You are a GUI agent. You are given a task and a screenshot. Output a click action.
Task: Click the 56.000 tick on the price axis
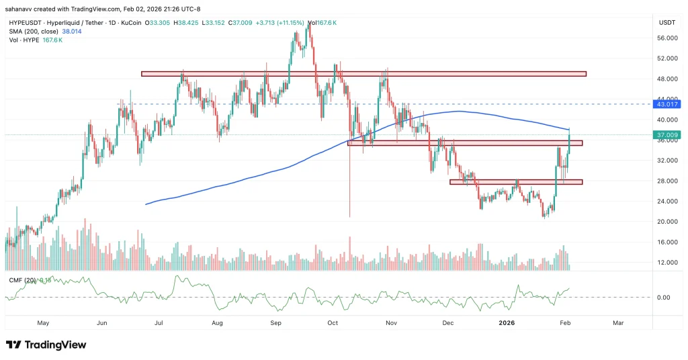coord(666,38)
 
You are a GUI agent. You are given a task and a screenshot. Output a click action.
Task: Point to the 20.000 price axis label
coord(666,222)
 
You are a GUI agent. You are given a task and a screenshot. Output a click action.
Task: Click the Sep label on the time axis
coord(275,322)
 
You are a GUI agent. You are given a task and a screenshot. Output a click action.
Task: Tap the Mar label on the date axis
coord(618,322)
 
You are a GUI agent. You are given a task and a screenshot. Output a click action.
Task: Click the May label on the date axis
coord(44,322)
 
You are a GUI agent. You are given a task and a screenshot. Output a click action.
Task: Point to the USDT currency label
coord(666,22)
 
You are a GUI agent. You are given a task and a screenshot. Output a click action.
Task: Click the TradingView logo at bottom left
coord(46,345)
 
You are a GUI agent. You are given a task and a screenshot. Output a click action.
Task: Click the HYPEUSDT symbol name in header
coord(25,22)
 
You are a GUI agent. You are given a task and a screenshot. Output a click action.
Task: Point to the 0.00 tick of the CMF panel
coord(663,298)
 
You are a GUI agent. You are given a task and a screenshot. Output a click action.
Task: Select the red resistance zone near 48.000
coord(363,74)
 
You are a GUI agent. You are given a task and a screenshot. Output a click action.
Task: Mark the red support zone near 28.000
coord(515,181)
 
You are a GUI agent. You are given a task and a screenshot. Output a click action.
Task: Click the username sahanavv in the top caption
coord(22,8)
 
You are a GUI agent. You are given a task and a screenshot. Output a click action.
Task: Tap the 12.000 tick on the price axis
coord(666,263)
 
